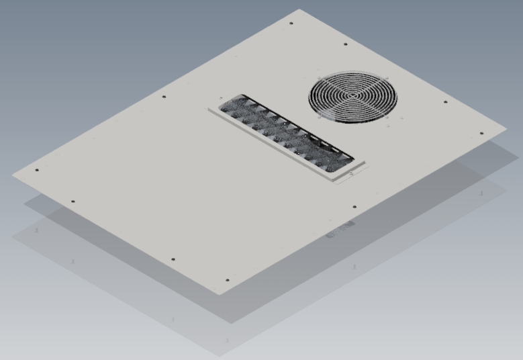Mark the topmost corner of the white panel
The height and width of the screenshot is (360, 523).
300,9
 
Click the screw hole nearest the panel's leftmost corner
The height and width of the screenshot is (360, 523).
36,170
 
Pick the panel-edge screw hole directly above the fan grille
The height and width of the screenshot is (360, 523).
346,45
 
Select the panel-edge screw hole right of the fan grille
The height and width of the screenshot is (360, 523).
445,103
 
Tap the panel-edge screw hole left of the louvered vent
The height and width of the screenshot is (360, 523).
164,97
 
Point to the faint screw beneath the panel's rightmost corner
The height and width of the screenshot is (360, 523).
481,194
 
